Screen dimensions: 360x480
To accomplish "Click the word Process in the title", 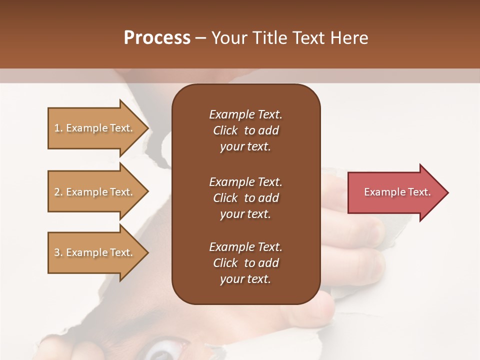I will (x=157, y=38).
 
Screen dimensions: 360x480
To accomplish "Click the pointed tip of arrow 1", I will (x=147, y=128).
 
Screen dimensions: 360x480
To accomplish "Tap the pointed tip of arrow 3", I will (x=147, y=252).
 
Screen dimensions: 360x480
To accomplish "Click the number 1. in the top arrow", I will (x=58, y=128).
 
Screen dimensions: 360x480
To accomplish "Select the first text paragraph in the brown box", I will (x=245, y=130).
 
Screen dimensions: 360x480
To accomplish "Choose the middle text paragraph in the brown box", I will (x=245, y=198).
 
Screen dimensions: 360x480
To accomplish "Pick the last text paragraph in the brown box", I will (x=245, y=263).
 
